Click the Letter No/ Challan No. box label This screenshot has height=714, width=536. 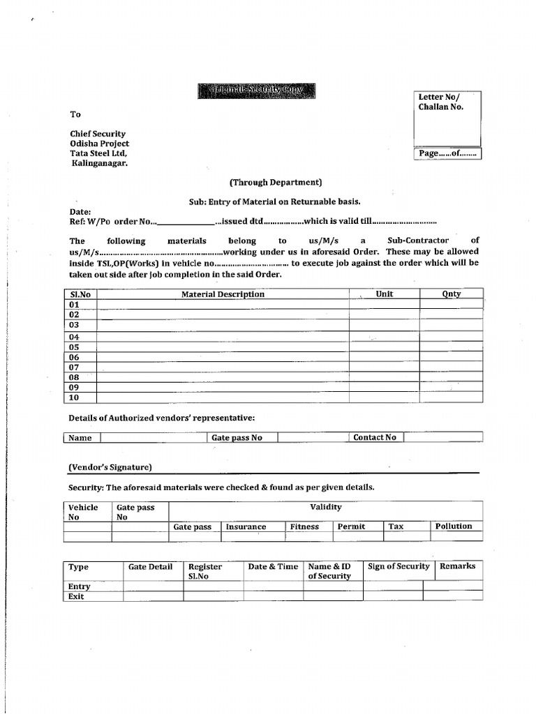click(x=440, y=102)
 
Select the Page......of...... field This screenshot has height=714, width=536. click(x=447, y=153)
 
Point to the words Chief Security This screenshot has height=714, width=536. click(x=98, y=133)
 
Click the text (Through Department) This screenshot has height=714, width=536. click(x=276, y=183)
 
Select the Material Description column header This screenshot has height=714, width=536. click(x=223, y=294)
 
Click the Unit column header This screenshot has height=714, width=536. click(x=384, y=294)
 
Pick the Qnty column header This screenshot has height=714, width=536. click(x=452, y=294)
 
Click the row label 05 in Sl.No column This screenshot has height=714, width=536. click(x=74, y=347)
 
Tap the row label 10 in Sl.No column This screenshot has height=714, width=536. click(x=74, y=397)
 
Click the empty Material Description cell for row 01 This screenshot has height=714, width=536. click(x=223, y=305)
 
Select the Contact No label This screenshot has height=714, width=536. click(x=374, y=437)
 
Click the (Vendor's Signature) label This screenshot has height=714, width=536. click(x=110, y=467)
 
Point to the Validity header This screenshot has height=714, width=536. click(x=325, y=508)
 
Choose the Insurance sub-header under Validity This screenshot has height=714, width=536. click(x=246, y=527)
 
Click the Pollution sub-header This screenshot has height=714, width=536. click(x=454, y=526)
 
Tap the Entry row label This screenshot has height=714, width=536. click(x=79, y=586)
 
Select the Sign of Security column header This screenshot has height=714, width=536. click(x=399, y=566)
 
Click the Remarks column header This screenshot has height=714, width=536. click(x=457, y=566)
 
